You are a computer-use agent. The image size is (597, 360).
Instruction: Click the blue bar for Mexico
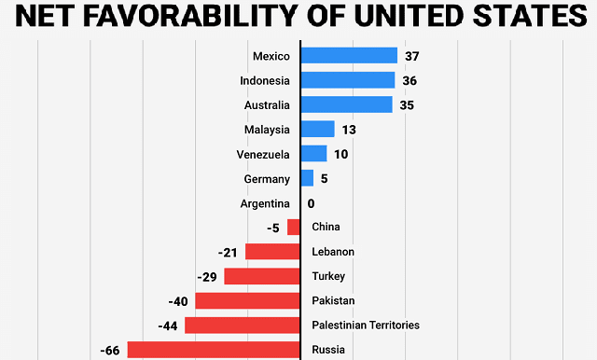tap(349, 56)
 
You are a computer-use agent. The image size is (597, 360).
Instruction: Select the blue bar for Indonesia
tap(348, 80)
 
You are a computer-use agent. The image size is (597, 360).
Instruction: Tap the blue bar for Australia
tap(346, 104)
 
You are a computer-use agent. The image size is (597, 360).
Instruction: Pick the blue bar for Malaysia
tap(317, 130)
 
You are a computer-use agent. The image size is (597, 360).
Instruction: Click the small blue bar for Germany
tap(307, 178)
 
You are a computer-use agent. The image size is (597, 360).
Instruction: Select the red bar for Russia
tap(214, 350)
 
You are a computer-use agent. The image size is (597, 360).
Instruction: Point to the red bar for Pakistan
tap(247, 300)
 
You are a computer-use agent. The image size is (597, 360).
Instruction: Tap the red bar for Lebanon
tap(272, 252)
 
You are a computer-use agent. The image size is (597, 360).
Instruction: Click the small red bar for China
tap(294, 227)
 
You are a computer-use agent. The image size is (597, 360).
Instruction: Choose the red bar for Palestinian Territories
tap(243, 325)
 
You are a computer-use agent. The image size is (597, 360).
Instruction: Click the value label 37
tap(412, 56)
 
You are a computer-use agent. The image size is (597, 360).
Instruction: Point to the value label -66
tap(109, 351)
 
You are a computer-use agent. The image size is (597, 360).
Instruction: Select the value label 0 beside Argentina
tap(311, 203)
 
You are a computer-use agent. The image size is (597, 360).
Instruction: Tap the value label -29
tap(207, 277)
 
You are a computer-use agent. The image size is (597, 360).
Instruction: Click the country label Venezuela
tap(264, 154)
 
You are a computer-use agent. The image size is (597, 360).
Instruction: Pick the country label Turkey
tap(328, 277)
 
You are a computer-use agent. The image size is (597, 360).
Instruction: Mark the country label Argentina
tap(264, 203)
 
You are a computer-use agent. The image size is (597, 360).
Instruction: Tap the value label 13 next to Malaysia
tap(350, 130)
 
